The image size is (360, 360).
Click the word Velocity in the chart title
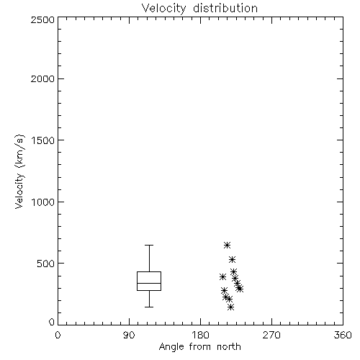pyautogui.click(x=164, y=9)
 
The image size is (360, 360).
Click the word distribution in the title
pyautogui.click(x=225, y=8)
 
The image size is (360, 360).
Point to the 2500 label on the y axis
pyautogui.click(x=42, y=19)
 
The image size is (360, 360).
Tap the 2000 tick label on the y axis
pyautogui.click(x=42, y=78)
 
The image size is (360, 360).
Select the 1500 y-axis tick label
pyautogui.click(x=43, y=140)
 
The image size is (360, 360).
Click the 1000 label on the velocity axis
pyautogui.click(x=43, y=202)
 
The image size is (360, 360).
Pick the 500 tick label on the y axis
pyautogui.click(x=46, y=264)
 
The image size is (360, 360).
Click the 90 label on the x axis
pyautogui.click(x=129, y=335)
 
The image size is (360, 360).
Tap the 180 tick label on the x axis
pyautogui.click(x=200, y=335)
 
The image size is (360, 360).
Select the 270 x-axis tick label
pyautogui.click(x=271, y=335)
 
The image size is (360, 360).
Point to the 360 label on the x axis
pyautogui.click(x=343, y=335)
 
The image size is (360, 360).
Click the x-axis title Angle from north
pyautogui.click(x=200, y=347)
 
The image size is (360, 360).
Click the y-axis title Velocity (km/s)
pyautogui.click(x=19, y=171)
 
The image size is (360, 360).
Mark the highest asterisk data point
pyautogui.click(x=227, y=246)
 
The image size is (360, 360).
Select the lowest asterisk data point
pyautogui.click(x=230, y=307)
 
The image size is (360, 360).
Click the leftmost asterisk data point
pyautogui.click(x=222, y=277)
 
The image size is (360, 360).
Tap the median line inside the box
pyautogui.click(x=149, y=283)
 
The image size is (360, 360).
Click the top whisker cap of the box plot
pyautogui.click(x=149, y=245)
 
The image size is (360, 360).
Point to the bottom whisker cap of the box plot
pyautogui.click(x=149, y=307)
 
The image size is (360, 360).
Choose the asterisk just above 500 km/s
pyautogui.click(x=232, y=259)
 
